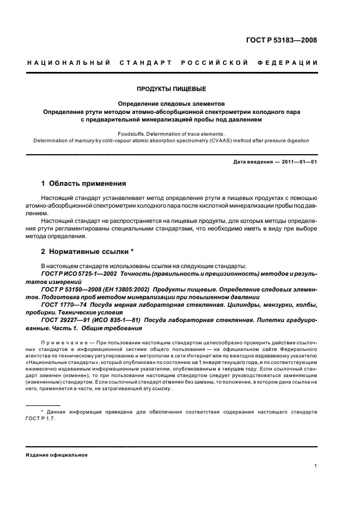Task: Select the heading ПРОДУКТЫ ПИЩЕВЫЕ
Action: [172, 89]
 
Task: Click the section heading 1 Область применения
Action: [84, 183]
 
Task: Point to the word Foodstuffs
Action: [135, 133]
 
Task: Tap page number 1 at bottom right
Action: [316, 465]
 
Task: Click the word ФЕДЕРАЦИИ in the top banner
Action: [292, 63]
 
